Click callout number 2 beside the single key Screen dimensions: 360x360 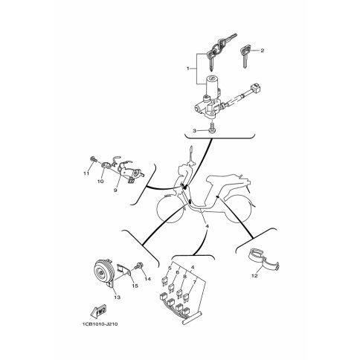[263, 51]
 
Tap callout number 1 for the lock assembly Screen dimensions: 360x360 [188, 68]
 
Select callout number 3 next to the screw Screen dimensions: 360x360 [195, 131]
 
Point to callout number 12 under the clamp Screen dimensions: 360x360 [254, 276]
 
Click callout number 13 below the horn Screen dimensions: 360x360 [118, 297]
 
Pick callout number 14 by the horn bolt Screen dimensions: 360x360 [147, 279]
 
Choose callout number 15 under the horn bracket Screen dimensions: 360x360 [135, 286]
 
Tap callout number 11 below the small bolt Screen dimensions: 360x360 [86, 174]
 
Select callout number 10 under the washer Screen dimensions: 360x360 [100, 181]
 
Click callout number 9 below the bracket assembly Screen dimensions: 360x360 [115, 190]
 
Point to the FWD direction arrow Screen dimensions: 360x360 [98, 312]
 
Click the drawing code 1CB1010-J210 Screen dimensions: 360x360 [100, 324]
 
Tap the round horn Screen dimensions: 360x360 [103, 271]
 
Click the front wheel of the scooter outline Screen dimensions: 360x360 [168, 209]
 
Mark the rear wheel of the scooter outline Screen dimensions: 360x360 [237, 208]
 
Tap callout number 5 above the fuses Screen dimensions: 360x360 [170, 268]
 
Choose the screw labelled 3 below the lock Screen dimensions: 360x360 [212, 127]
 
